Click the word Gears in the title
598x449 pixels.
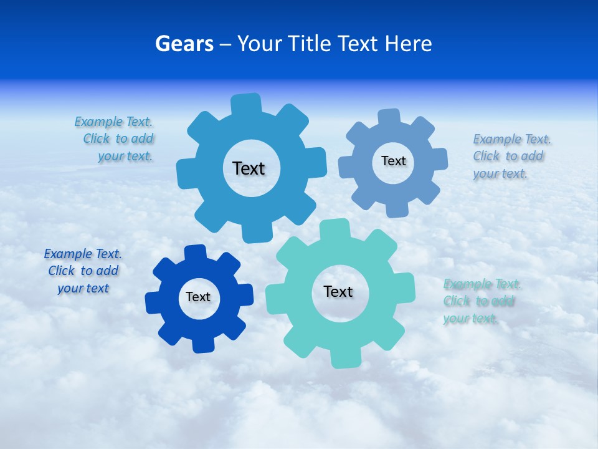184,44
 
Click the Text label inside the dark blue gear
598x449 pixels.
198,297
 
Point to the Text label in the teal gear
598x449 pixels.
338,291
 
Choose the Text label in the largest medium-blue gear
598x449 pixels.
249,168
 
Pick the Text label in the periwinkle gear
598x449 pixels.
394,161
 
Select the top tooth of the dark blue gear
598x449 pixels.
196,252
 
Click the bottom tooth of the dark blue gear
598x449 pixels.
202,345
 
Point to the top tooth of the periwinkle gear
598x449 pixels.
389,117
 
